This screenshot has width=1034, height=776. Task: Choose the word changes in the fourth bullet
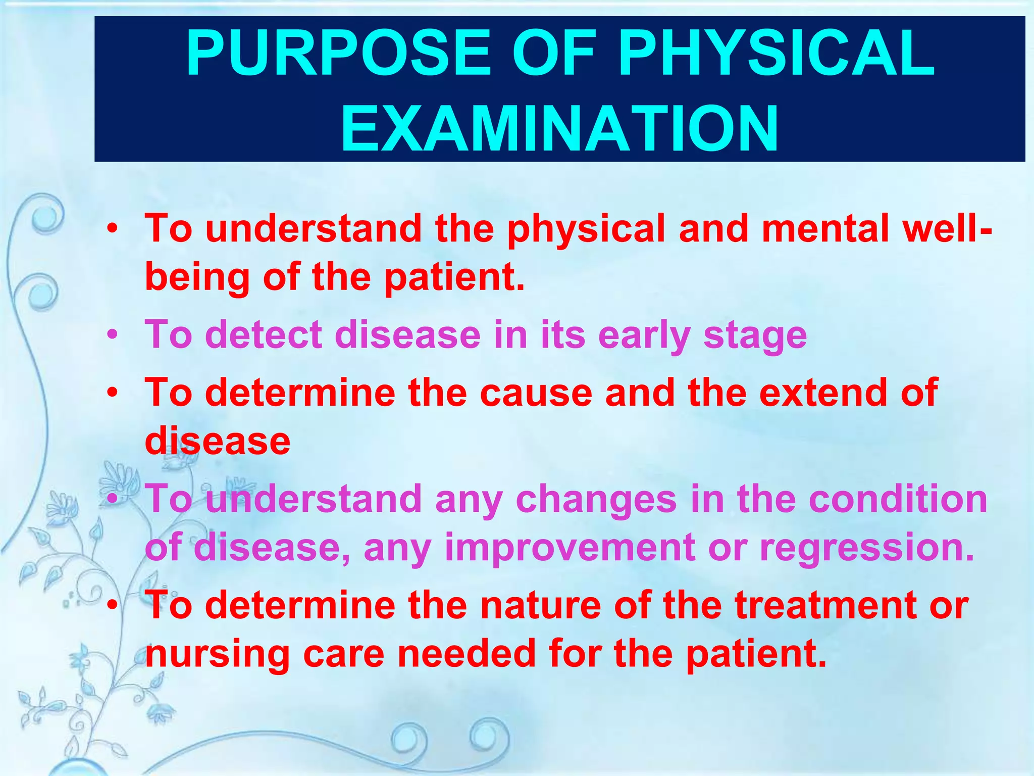click(x=596, y=499)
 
